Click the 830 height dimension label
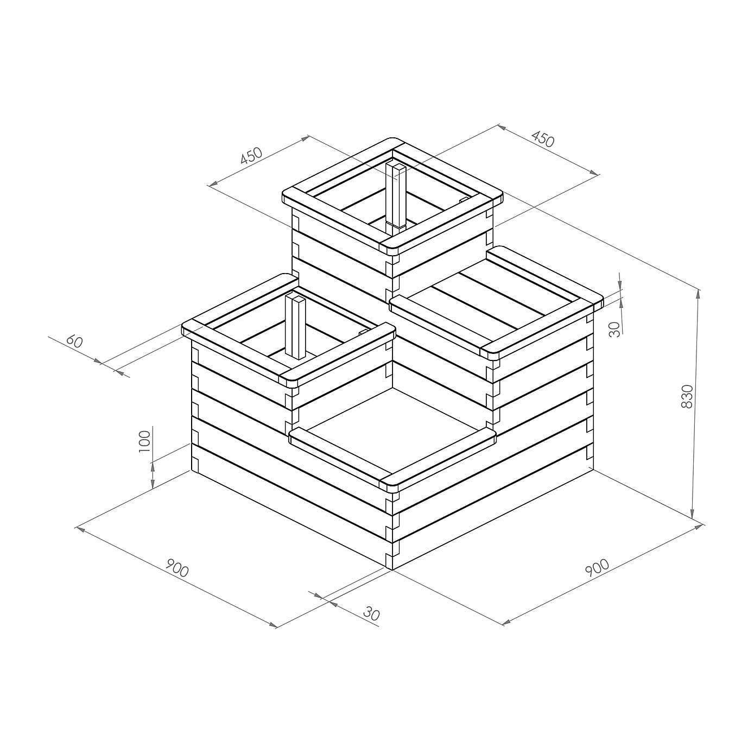(687, 396)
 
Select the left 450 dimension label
(251, 156)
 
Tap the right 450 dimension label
(542, 139)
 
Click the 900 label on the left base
(177, 568)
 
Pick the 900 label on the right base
(597, 567)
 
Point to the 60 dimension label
(74, 341)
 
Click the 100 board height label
(144, 442)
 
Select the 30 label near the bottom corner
(371, 614)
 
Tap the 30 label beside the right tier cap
(614, 329)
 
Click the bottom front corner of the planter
(391, 569)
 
